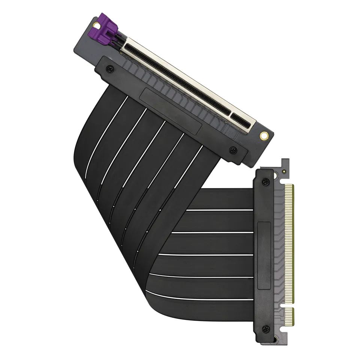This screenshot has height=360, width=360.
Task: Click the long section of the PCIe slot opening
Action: pos(176,75)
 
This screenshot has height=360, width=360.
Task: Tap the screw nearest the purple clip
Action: pos(109,69)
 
